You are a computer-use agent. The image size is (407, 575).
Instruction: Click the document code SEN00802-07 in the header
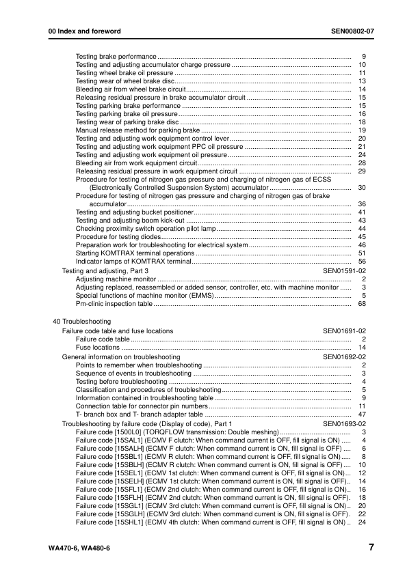[x=349, y=31]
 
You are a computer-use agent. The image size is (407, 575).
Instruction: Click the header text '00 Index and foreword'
[x=79, y=31]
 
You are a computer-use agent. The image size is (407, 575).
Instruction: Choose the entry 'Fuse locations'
[x=98, y=348]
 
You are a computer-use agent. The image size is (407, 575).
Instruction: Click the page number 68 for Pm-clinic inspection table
[x=363, y=305]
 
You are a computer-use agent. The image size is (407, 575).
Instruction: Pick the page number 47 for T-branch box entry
[x=363, y=415]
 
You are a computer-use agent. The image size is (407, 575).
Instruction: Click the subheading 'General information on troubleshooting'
[x=121, y=356]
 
